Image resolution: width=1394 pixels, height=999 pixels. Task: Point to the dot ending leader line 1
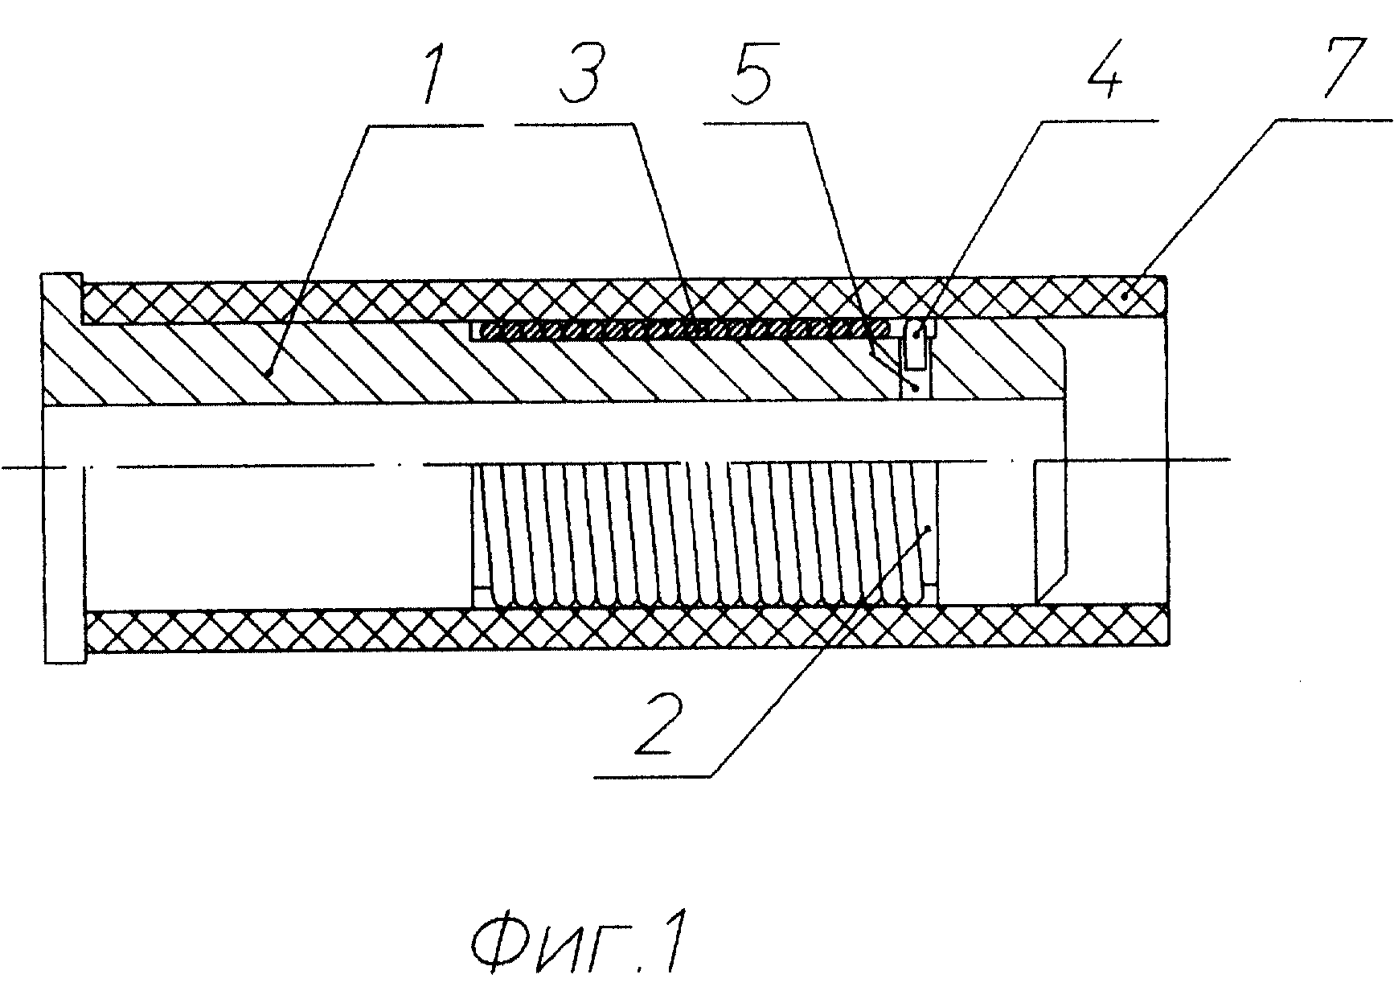[x=265, y=372]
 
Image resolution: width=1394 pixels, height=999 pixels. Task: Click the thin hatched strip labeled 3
[x=679, y=329]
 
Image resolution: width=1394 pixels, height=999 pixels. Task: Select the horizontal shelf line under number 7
[x=1335, y=122]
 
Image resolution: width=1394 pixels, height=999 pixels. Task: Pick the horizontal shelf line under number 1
[x=427, y=125]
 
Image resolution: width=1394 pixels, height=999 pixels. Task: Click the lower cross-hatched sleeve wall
[x=627, y=626]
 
